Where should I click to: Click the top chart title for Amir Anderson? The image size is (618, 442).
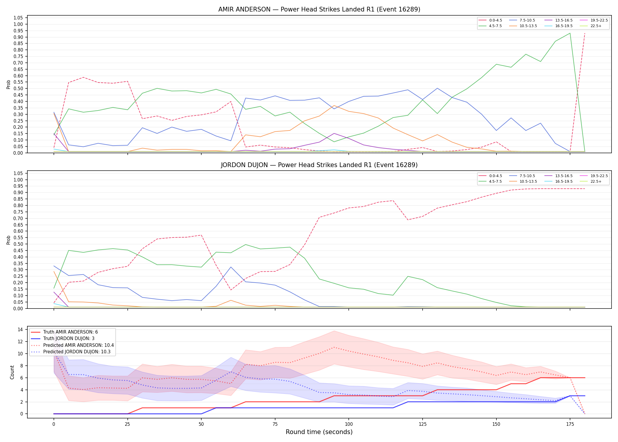point(319,9)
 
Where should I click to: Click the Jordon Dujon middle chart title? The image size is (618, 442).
point(319,165)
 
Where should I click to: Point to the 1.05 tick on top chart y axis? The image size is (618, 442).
point(18,18)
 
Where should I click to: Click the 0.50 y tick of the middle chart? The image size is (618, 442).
point(18,244)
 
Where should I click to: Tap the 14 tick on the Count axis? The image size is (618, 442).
point(20,330)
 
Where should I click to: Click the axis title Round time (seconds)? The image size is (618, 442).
point(319,432)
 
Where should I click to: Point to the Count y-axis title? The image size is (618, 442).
point(12,372)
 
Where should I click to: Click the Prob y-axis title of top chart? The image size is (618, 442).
point(9,85)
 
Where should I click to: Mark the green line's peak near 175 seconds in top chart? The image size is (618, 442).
point(570,33)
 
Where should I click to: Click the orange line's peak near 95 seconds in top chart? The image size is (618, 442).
point(334,105)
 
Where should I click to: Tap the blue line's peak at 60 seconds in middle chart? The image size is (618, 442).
point(231,267)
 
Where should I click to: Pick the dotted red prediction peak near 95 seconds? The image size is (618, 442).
point(334,347)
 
